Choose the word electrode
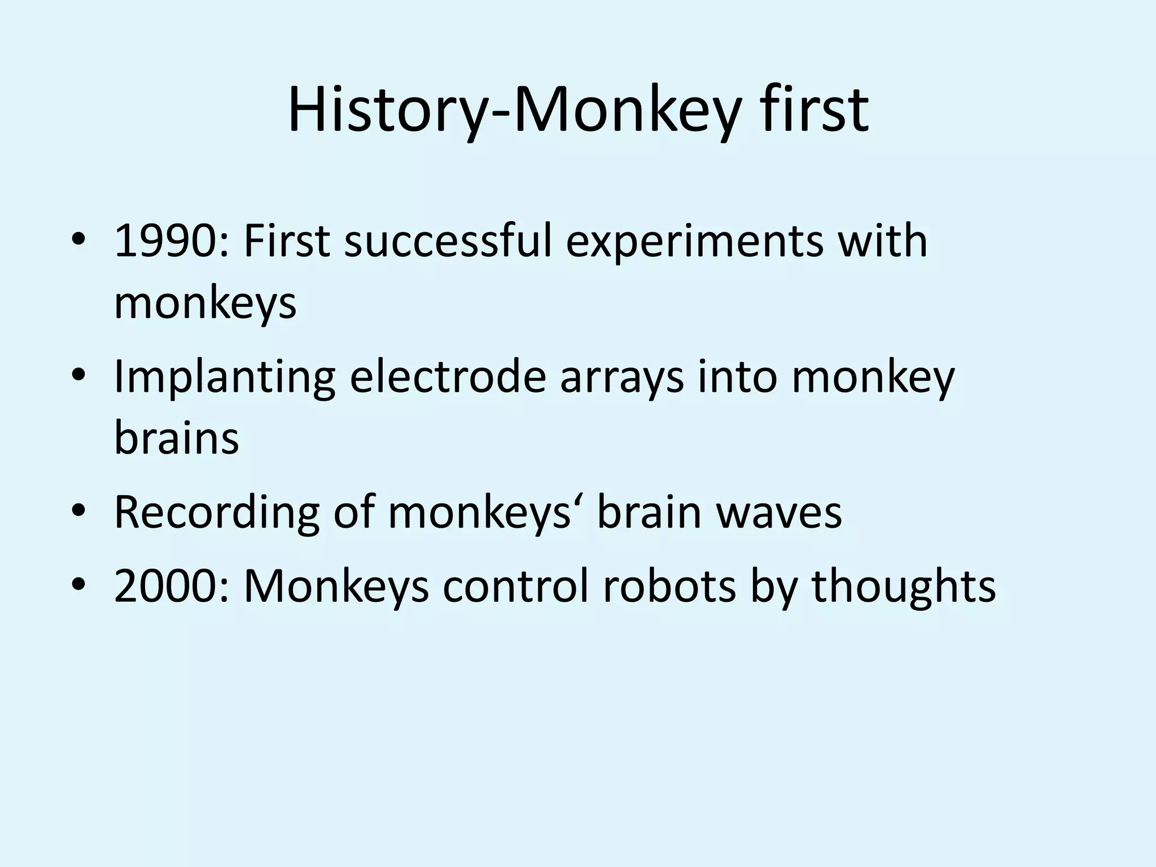coord(448,376)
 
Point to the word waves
coord(778,513)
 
